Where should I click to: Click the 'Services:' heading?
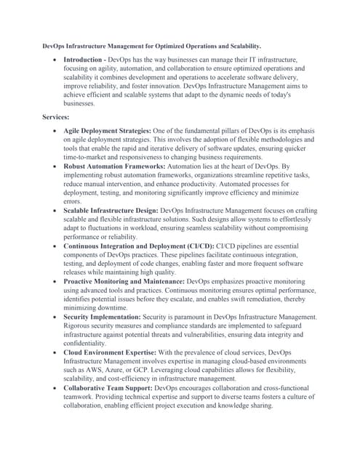[56, 116]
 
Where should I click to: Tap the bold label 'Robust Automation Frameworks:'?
[111, 166]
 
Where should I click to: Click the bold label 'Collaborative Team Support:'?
[106, 387]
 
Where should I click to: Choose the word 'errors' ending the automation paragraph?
[73, 201]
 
